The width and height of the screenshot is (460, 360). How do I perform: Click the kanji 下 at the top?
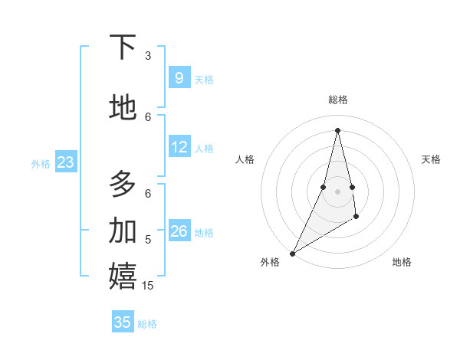coord(123,47)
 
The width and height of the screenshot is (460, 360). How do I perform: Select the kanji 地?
coord(123,107)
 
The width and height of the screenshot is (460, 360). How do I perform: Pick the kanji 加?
coord(123,230)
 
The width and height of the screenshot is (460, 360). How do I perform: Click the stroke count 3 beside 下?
coord(148,56)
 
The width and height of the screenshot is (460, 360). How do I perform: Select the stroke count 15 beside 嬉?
coord(148,286)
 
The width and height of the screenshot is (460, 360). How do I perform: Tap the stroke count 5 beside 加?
coord(148,240)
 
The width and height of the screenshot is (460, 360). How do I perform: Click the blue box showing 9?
coord(179,78)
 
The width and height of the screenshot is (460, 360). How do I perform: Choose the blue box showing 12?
coord(179,147)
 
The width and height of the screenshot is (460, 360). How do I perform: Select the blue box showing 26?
coord(179,231)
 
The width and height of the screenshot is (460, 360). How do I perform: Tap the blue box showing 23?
coord(65,162)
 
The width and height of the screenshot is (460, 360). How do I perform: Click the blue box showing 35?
coord(123,322)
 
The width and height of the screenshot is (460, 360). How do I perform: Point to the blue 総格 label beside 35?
coord(147,324)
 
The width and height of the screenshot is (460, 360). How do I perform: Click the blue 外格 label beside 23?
coord(41,163)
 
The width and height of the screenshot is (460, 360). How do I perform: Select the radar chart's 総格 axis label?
coord(337,100)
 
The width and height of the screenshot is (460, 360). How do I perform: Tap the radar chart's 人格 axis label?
coord(245,159)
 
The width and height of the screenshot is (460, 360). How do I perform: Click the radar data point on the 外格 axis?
coord(292,253)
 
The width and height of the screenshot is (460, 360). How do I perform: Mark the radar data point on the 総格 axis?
coord(337,129)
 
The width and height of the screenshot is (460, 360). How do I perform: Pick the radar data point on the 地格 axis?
coord(356,218)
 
